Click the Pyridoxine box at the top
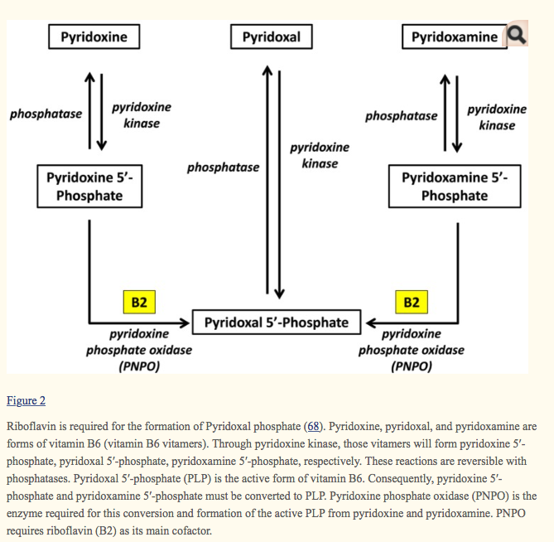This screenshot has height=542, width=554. [x=94, y=37]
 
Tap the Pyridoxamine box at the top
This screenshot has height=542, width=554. [x=454, y=37]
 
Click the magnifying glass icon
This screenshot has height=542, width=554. [x=516, y=35]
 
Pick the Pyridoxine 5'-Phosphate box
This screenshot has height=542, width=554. [x=89, y=186]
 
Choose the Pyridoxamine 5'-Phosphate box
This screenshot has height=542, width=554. [x=454, y=186]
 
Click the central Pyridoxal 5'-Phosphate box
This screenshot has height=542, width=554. [x=277, y=322]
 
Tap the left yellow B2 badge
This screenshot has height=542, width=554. [x=139, y=302]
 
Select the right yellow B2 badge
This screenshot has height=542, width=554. [x=412, y=302]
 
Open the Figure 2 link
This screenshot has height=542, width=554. [x=26, y=401]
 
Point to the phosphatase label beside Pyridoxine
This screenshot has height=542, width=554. [x=46, y=114]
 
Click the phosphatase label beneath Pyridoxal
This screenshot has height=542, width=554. [x=223, y=167]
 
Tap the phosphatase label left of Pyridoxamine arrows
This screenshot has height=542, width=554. [x=401, y=116]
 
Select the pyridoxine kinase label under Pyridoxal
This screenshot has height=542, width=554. [x=320, y=155]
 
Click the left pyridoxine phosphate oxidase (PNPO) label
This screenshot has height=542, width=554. [x=139, y=350]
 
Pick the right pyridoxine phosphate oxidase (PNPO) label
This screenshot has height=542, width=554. [x=412, y=350]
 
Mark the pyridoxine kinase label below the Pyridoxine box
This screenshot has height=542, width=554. [x=142, y=115]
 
